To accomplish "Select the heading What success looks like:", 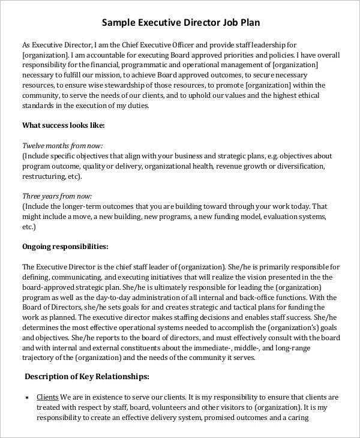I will pos(64,125).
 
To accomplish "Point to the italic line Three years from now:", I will pos(57,196).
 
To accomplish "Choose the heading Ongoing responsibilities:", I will pos(65,246).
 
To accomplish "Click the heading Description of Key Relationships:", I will pos(86,377).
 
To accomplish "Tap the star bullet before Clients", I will pos(27,398).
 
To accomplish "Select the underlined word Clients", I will pos(47,397).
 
